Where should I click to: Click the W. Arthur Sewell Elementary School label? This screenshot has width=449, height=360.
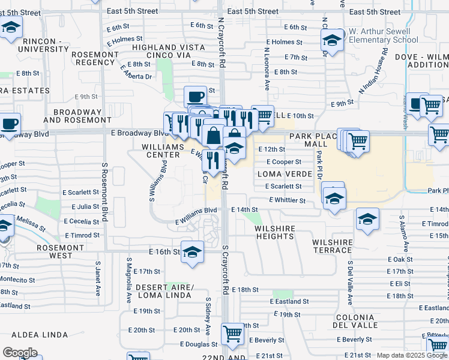click(x=384, y=35)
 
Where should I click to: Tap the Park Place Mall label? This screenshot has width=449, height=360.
click(x=316, y=140)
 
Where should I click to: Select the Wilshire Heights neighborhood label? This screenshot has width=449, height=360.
click(x=274, y=232)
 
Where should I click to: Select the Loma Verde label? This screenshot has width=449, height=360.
click(x=285, y=174)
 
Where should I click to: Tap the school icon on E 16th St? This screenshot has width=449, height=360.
click(x=192, y=252)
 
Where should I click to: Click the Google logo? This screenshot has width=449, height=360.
click(x=19, y=353)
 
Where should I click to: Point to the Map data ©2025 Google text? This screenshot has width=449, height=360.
click(x=412, y=355)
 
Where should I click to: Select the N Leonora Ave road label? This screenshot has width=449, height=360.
click(x=265, y=66)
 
